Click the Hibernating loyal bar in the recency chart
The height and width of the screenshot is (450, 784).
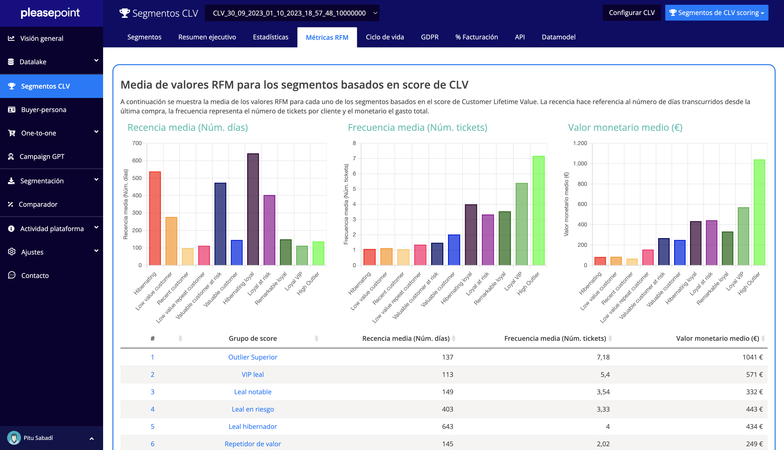point(253,210)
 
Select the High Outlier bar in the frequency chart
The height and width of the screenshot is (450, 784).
point(538,211)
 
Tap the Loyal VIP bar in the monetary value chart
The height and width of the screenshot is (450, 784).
point(743,236)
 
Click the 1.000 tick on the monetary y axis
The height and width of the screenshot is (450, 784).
point(580,164)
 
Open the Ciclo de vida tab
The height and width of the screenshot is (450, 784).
point(385,37)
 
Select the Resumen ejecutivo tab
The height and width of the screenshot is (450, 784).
point(207,37)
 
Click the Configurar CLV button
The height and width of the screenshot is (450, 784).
point(631,13)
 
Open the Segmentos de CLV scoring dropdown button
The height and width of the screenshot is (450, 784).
point(716,13)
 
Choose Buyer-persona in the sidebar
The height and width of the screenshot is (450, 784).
point(44,110)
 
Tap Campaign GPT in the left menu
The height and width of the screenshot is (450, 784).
point(42,157)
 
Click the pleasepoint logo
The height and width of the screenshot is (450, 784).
point(50,13)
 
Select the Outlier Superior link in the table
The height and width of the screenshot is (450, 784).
point(253,357)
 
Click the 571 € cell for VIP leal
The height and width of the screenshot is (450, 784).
point(754,375)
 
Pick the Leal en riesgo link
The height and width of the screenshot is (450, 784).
point(253,409)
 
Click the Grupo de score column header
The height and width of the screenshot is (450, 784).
point(253,338)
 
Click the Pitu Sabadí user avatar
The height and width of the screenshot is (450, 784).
point(14,438)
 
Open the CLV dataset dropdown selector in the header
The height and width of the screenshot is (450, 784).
point(292,13)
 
